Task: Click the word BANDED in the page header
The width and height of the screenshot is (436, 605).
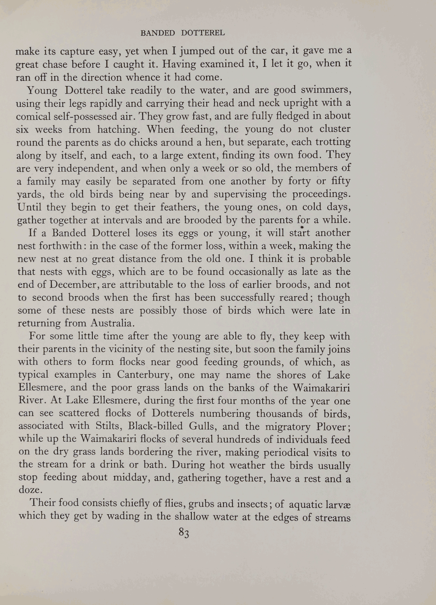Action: [x=157, y=33]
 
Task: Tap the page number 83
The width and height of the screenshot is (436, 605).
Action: [x=184, y=533]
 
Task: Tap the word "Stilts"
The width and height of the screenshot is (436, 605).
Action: [x=108, y=426]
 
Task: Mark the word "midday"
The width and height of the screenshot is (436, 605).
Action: [x=132, y=478]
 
